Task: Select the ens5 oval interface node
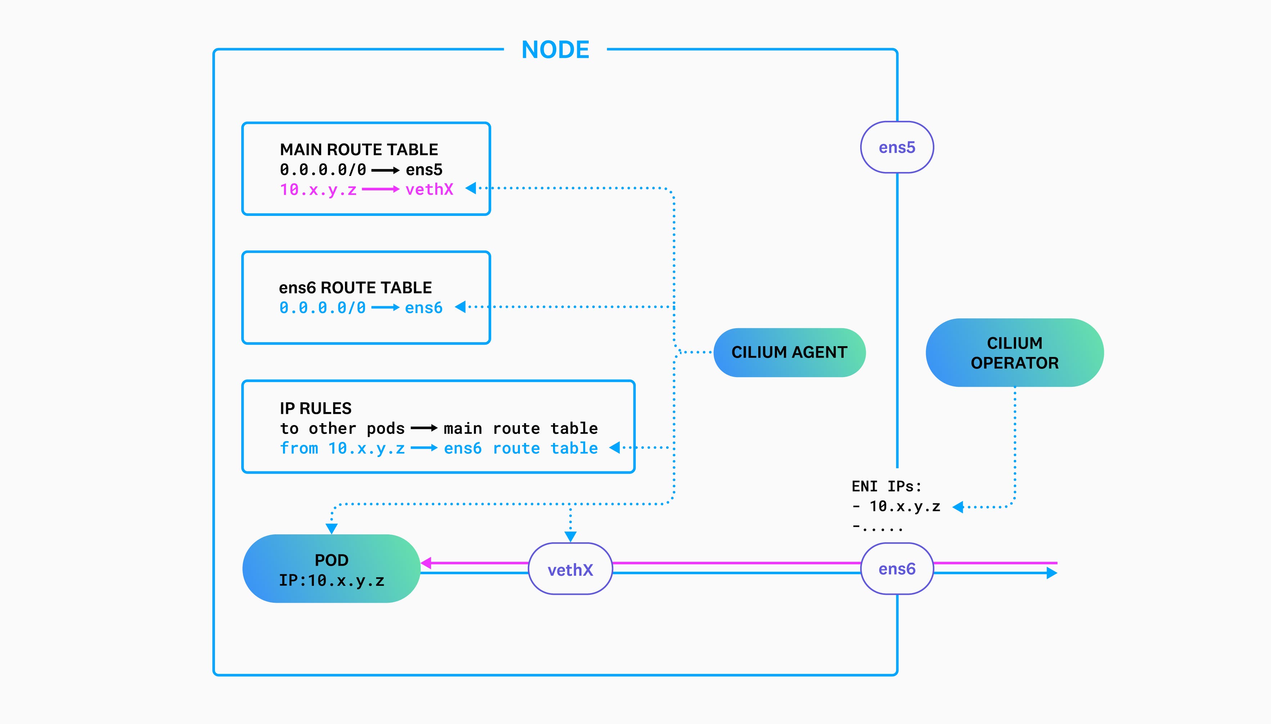pyautogui.click(x=897, y=147)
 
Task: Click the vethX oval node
pyautogui.click(x=570, y=569)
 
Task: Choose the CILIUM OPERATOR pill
pyautogui.click(x=1014, y=353)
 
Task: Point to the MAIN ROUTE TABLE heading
pyautogui.click(x=359, y=149)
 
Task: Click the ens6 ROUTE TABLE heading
pyautogui.click(x=355, y=288)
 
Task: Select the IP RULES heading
pyautogui.click(x=315, y=408)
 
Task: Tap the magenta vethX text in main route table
pyautogui.click(x=429, y=189)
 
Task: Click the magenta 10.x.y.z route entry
pyautogui.click(x=318, y=189)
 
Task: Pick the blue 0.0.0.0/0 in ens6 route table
pyautogui.click(x=322, y=308)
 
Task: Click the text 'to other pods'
pyautogui.click(x=342, y=428)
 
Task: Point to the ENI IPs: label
pyautogui.click(x=886, y=486)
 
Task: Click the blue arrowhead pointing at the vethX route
pyautogui.click(x=471, y=188)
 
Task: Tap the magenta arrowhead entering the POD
pyautogui.click(x=426, y=563)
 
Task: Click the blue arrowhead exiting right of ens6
pyautogui.click(x=1051, y=573)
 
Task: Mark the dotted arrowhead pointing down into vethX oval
pyautogui.click(x=570, y=537)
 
